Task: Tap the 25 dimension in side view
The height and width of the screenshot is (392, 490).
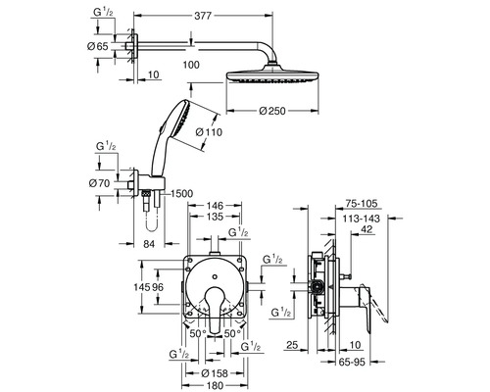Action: click(292, 346)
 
